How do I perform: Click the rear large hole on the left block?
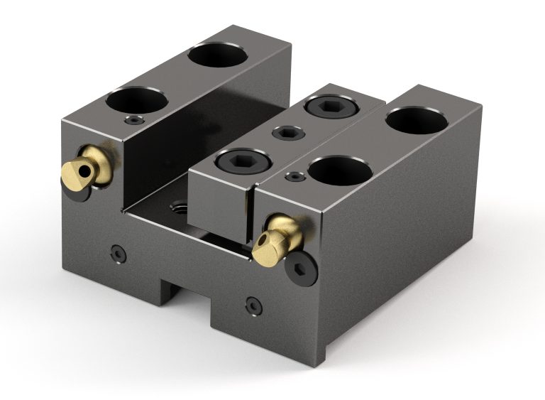(218, 55)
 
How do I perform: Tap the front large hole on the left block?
(137, 100)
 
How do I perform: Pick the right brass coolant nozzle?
(278, 240)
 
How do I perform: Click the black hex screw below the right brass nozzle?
(299, 269)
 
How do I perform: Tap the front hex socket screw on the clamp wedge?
(241, 161)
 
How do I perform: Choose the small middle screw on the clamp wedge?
(287, 132)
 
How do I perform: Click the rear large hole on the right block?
(417, 120)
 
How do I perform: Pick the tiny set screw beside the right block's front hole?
(293, 175)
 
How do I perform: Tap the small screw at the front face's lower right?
(251, 306)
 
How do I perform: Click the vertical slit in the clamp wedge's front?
(249, 210)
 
